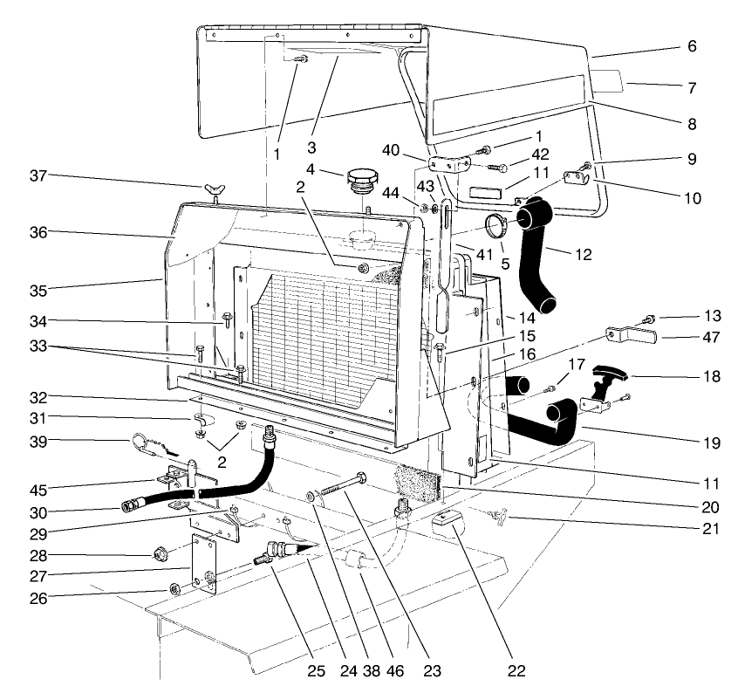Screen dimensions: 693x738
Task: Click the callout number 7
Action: click(692, 87)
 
